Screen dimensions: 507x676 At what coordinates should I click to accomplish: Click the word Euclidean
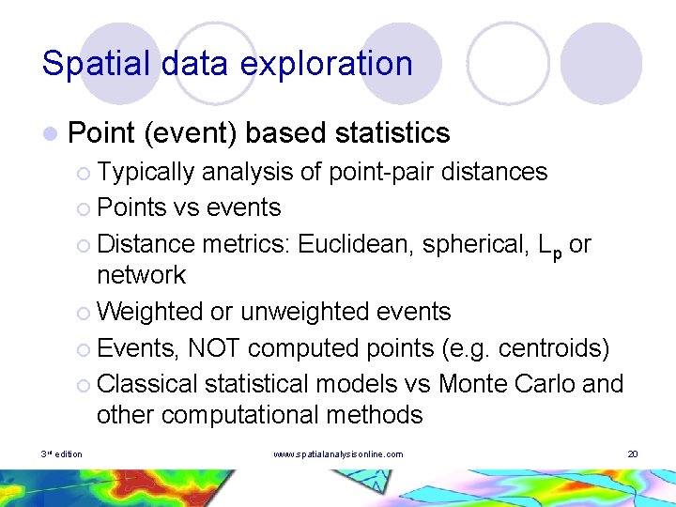point(356,243)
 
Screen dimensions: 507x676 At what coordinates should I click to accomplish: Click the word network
point(141,275)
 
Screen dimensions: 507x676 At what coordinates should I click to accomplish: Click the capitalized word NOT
point(216,348)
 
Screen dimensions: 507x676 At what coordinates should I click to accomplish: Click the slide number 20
point(633,454)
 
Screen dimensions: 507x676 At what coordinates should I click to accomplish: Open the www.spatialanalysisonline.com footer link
point(338,454)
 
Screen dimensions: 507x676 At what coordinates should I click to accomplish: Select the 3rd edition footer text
point(62,454)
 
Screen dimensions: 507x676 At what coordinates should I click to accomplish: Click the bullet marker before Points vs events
point(84,208)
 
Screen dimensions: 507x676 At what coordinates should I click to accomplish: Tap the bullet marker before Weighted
point(84,312)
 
